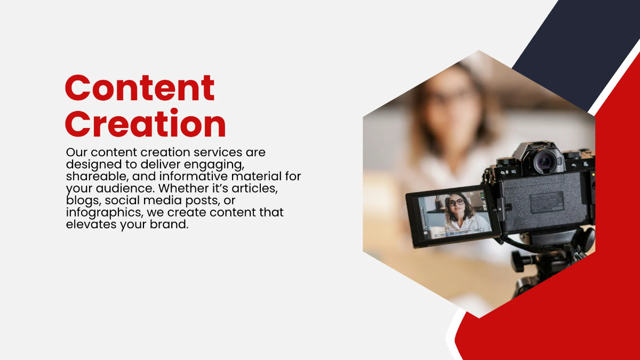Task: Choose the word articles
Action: coord(258,188)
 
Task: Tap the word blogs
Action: coord(83,200)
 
